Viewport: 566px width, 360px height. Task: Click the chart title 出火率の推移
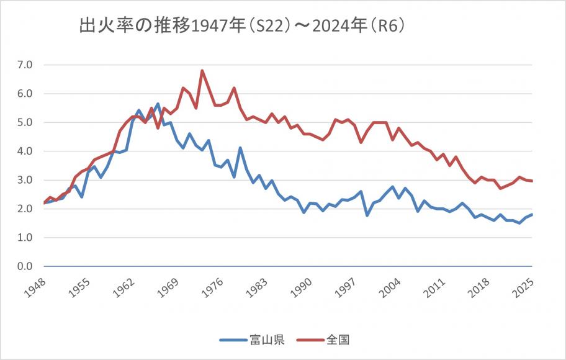pos(242,27)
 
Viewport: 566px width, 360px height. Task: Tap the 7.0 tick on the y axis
pos(26,65)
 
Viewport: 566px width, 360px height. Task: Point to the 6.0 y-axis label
pos(26,94)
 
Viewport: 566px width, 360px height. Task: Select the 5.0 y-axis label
pos(26,122)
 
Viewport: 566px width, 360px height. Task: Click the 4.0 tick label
pos(26,151)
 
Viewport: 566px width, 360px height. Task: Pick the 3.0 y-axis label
pos(26,180)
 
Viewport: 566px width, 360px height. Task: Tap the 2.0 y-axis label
pos(26,209)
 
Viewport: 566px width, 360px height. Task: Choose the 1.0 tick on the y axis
pos(26,238)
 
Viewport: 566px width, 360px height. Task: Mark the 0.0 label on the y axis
pos(26,267)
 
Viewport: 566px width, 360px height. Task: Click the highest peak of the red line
pos(202,70)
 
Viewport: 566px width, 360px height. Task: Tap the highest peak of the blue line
pos(158,104)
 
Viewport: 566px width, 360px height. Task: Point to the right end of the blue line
pos(532,215)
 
